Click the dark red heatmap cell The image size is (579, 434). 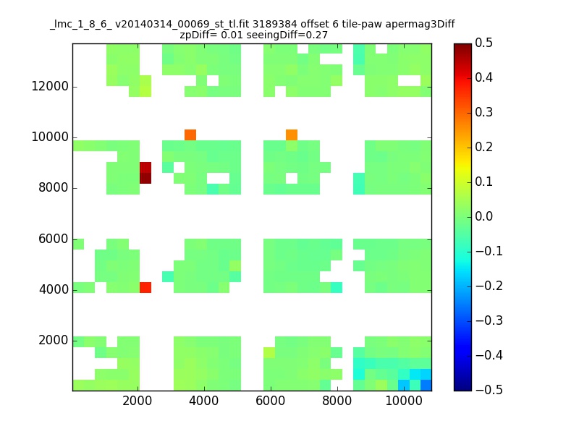145,173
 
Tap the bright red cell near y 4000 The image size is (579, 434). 145,287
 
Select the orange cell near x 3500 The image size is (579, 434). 190,135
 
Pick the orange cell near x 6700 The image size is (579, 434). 292,135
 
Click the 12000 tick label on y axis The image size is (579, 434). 50,86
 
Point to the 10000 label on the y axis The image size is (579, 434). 50,137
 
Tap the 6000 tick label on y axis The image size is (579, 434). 54,239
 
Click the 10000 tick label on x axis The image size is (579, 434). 404,401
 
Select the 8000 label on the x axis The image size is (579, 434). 337,401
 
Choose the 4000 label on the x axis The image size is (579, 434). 204,401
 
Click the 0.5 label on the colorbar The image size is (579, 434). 483,43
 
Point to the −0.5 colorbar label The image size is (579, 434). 489,390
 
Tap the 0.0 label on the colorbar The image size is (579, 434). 483,216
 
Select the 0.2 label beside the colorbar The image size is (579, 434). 483,147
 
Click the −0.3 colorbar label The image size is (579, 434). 489,320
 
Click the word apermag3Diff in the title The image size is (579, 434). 420,25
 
